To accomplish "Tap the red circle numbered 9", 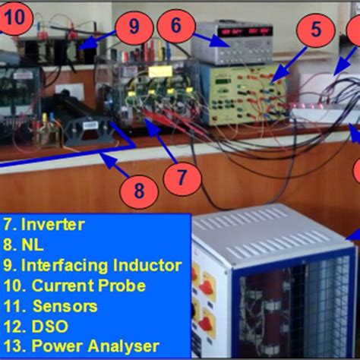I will click(x=134, y=27).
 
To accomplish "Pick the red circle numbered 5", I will click(x=315, y=31).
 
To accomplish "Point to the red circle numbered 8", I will click(x=138, y=191).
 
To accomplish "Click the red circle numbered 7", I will click(x=181, y=180).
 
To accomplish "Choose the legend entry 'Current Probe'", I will click(x=75, y=286).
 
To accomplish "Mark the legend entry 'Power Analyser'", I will click(x=81, y=346).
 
